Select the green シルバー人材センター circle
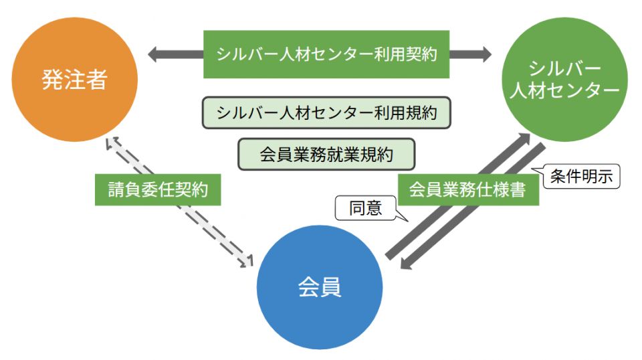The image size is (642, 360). [x=565, y=79]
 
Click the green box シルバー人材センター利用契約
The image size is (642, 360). [x=326, y=54]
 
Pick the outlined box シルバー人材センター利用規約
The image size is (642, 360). [x=326, y=113]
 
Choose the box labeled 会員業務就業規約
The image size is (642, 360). [x=326, y=155]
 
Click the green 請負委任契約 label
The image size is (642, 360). [x=158, y=189]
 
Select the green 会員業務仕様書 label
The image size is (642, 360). [x=466, y=189]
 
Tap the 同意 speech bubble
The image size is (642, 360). [x=366, y=209]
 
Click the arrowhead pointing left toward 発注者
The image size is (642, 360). [x=155, y=54]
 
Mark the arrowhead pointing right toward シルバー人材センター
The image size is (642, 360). [x=484, y=54]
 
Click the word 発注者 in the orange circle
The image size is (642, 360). [x=74, y=80]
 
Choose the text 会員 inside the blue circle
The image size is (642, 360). [x=320, y=287]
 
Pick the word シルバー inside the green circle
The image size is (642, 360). [x=564, y=68]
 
